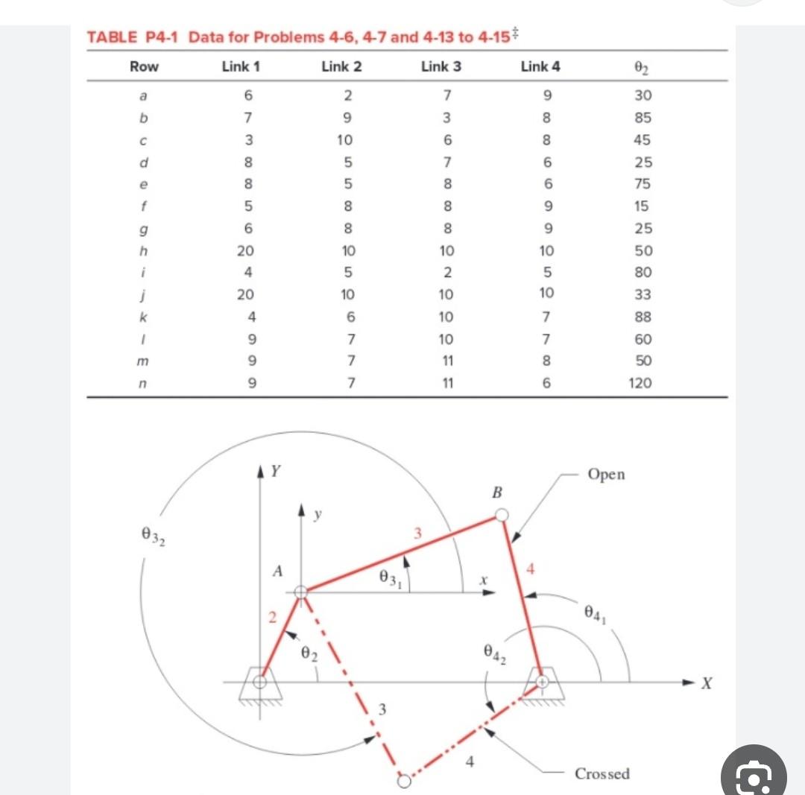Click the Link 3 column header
point(441,66)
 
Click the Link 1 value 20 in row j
point(244,294)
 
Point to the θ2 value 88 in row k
point(642,317)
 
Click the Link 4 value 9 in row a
point(547,95)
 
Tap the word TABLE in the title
point(113,37)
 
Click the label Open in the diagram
point(606,475)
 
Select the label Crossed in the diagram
point(602,773)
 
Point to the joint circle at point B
point(502,515)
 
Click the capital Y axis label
point(277,471)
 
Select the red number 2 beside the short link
point(273,617)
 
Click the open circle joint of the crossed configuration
point(403,781)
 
